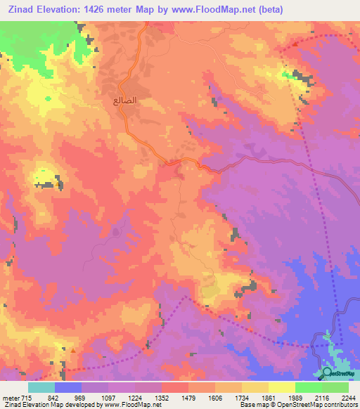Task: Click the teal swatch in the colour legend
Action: tap(41, 387)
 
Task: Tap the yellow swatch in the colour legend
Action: tap(282, 387)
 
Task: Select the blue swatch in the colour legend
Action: tap(68, 387)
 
